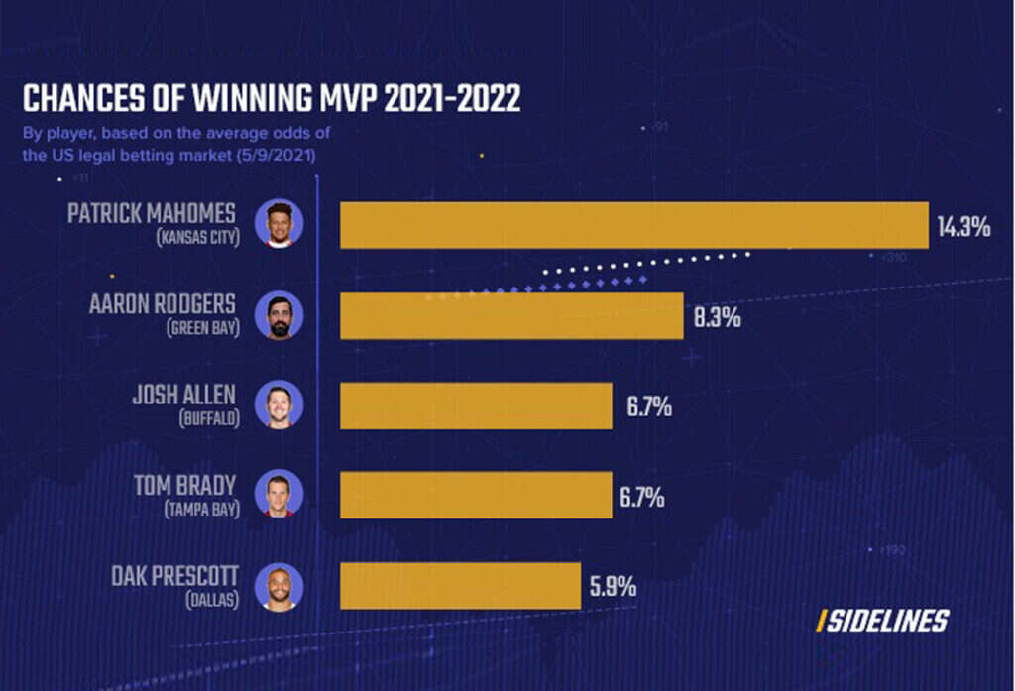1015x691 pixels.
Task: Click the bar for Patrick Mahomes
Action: click(634, 225)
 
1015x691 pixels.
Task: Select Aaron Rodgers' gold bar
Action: click(511, 315)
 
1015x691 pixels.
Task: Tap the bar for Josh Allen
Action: click(476, 406)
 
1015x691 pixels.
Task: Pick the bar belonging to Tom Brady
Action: click(476, 495)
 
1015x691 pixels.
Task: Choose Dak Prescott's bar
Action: click(460, 585)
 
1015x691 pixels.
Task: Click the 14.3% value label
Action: click(963, 227)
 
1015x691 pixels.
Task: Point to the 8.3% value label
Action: click(718, 319)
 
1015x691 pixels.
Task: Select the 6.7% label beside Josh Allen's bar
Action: click(648, 406)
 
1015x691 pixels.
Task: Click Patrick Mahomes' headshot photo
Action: click(280, 223)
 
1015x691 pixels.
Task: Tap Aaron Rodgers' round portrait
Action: click(280, 315)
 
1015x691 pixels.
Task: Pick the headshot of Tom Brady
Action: click(280, 494)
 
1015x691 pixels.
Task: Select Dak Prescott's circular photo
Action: click(280, 585)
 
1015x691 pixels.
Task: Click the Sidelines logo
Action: click(882, 622)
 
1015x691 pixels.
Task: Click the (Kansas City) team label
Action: click(198, 239)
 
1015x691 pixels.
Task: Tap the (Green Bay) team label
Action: click(203, 328)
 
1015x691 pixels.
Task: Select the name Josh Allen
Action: click(185, 395)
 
